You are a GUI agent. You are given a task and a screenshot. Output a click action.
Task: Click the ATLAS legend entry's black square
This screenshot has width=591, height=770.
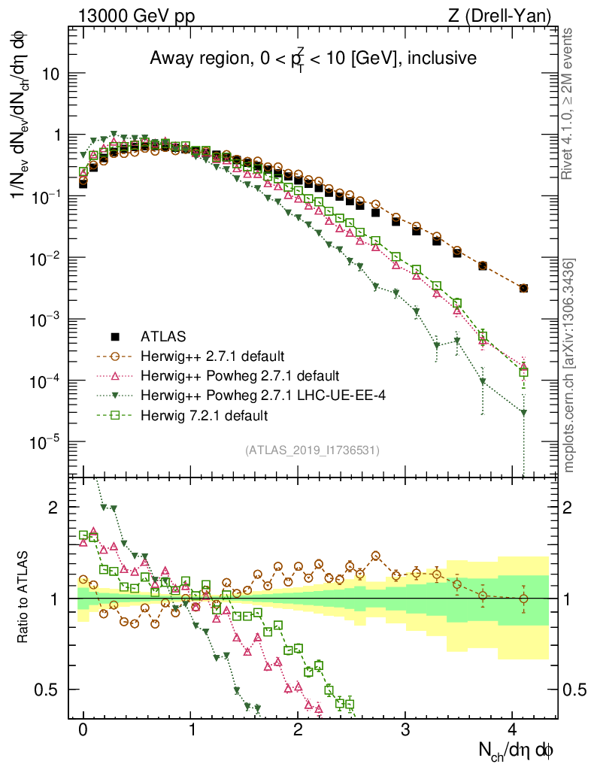point(116,335)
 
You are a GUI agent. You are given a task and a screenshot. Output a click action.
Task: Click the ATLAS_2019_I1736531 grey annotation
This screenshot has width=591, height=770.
point(312,450)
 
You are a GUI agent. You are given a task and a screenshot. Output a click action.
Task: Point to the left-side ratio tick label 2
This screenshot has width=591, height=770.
point(53,508)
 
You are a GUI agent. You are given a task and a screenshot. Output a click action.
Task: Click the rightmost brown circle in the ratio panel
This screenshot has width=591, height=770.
point(523,599)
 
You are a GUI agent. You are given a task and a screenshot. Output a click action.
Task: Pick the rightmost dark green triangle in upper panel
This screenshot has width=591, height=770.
point(523,413)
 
